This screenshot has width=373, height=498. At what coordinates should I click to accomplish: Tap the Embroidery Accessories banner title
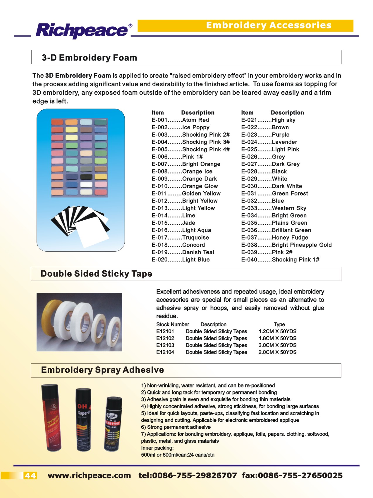point(269,25)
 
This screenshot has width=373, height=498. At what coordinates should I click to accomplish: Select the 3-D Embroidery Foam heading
point(89,58)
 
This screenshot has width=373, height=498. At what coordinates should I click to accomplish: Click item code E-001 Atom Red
point(180,120)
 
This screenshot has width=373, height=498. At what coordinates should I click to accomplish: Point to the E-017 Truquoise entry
point(180,238)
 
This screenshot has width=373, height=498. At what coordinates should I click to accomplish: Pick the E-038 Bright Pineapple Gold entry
point(286,245)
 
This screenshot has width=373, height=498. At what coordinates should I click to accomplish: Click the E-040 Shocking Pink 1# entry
point(280,260)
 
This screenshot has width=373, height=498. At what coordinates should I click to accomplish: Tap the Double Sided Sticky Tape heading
point(96,274)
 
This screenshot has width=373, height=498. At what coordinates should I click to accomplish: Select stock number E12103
point(165,345)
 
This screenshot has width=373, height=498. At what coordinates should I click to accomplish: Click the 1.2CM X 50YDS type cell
point(277,331)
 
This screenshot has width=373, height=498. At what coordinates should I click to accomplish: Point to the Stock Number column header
point(173,324)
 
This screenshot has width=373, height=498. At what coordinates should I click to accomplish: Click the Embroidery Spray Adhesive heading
point(102,370)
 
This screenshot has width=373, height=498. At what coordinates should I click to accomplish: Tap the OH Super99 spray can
point(84,419)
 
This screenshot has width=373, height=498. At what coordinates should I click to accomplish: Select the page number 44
point(30,476)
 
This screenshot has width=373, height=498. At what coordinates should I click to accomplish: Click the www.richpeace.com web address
point(89,475)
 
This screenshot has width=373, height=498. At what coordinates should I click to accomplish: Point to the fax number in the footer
point(292,475)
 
